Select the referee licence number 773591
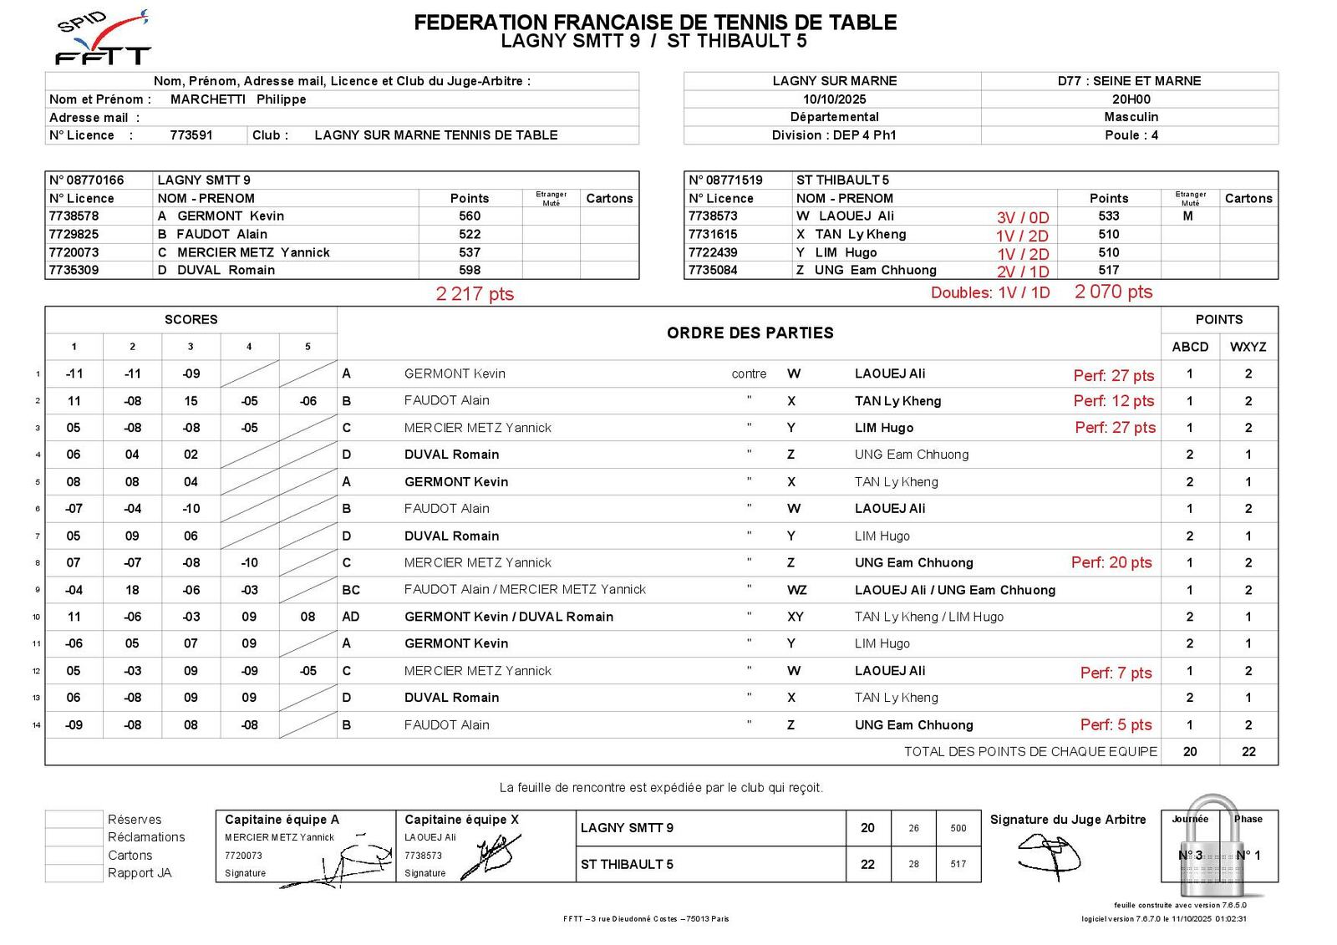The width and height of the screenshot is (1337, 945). pos(191,135)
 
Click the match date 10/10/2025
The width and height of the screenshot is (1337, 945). pos(834,99)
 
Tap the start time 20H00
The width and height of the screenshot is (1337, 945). pos(1130,99)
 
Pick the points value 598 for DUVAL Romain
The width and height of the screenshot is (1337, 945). pos(470,270)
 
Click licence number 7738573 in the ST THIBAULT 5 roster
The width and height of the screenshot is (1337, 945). pos(713,216)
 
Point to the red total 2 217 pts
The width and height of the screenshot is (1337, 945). pos(475,294)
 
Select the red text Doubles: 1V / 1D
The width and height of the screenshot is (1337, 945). pos(990,293)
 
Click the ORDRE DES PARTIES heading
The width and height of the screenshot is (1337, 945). pos(750,333)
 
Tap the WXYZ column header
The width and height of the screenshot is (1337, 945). pos(1248,347)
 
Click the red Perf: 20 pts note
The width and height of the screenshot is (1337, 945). pos(1111,563)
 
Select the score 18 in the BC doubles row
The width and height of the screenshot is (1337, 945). pos(132,590)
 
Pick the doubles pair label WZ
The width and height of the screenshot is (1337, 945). pos(797,590)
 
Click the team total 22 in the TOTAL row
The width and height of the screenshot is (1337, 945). pos(1248,751)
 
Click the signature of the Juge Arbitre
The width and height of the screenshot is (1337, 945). pos(1049,856)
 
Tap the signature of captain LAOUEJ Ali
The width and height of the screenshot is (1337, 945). pos(493,856)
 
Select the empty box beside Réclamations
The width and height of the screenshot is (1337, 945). pos(74,837)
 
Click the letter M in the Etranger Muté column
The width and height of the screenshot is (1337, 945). pos(1187,216)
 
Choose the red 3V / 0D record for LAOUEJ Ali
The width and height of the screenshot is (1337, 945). pos(1022,217)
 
